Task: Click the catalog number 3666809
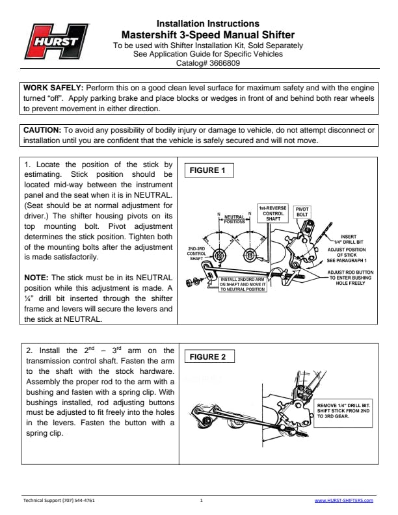point(223,64)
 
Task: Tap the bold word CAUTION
point(42,131)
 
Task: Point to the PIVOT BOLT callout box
point(302,212)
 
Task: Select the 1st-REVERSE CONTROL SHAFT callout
point(272,214)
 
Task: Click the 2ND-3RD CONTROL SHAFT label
point(196,254)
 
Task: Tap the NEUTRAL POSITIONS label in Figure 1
point(234,219)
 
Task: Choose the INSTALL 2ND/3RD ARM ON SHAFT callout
point(242,285)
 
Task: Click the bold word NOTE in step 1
point(37,276)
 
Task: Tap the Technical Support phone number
point(59,501)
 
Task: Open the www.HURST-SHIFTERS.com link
point(343,501)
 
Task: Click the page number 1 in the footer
point(202,501)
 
